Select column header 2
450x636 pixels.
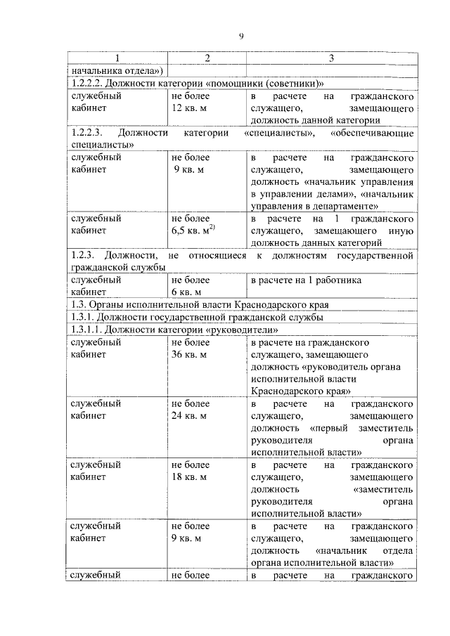(x=207, y=57)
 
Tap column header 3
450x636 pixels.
(x=330, y=57)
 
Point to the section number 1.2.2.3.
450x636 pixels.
(x=88, y=132)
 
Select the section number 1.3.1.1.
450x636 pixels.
(x=89, y=330)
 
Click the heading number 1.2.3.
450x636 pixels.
(x=84, y=254)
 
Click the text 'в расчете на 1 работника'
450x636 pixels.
(x=306, y=280)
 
